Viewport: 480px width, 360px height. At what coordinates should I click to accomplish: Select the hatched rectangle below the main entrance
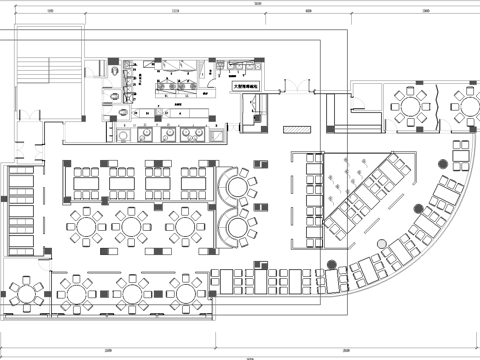point(297,130)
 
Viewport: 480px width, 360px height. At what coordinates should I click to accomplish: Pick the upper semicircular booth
point(240,185)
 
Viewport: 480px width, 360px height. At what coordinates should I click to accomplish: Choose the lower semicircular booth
point(240,227)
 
